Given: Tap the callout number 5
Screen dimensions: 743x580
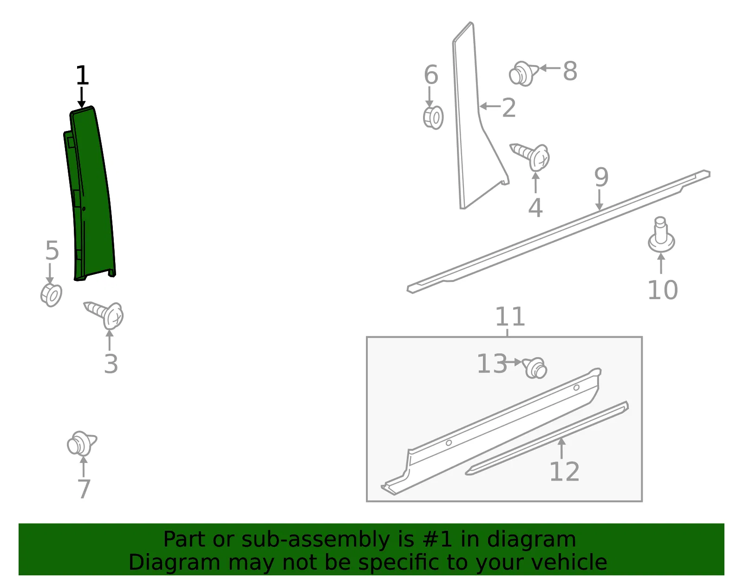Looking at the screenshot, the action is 52,250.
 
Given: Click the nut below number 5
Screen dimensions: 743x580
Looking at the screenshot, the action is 51,295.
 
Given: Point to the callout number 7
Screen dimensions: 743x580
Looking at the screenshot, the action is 84,489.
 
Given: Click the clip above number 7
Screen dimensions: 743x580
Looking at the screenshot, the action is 82,443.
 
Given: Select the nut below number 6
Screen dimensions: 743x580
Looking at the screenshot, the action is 433,117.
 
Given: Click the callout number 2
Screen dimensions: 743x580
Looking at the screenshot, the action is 509,108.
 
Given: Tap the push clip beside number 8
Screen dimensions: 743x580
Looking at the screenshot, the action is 523,73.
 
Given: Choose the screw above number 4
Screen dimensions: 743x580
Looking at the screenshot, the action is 530,157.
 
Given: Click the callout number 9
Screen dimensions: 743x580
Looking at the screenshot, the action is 601,177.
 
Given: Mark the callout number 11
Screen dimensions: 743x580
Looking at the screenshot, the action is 510,317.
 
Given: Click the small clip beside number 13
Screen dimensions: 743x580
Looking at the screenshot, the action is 535,368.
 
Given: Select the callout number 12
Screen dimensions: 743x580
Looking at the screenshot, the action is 565,472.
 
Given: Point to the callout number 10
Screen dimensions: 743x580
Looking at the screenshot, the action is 663,290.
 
